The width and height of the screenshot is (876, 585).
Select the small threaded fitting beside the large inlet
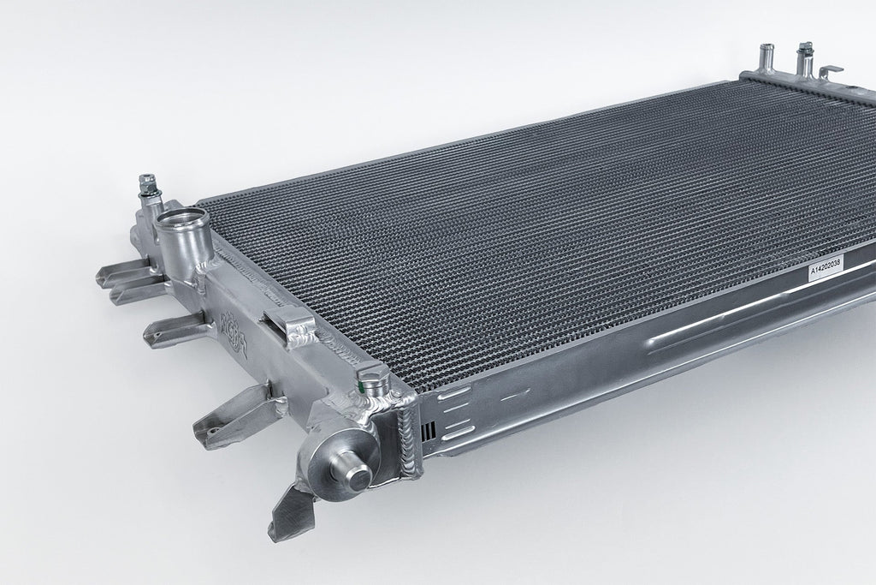pyautogui.click(x=146, y=186)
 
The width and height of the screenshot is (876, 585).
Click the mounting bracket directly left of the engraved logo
pyautogui.click(x=175, y=329)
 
